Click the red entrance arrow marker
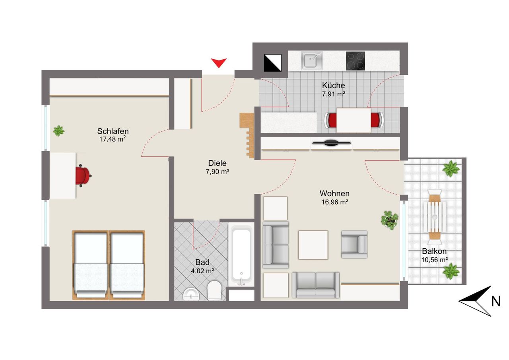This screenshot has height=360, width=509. click(x=219, y=62)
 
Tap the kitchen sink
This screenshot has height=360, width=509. click(x=311, y=60)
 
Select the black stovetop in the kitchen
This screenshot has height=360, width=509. click(x=355, y=61)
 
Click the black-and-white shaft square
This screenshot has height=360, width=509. click(x=272, y=62)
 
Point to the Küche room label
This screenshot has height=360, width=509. click(x=333, y=85)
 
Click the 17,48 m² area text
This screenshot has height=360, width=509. click(x=113, y=139)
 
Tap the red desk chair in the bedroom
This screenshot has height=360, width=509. click(x=82, y=175)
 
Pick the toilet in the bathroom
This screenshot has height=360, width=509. click(x=214, y=290)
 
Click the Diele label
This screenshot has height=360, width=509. click(x=217, y=163)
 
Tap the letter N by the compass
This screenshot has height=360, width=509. click(x=495, y=302)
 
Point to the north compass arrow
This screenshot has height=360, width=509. click(x=475, y=301)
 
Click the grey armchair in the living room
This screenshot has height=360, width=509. click(x=354, y=244)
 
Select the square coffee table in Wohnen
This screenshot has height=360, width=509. click(x=313, y=245)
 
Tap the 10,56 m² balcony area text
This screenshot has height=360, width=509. click(x=435, y=260)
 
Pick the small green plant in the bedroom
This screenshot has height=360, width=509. click(x=59, y=130)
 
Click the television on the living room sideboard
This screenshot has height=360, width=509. click(x=331, y=143)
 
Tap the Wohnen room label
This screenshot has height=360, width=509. click(x=334, y=194)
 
